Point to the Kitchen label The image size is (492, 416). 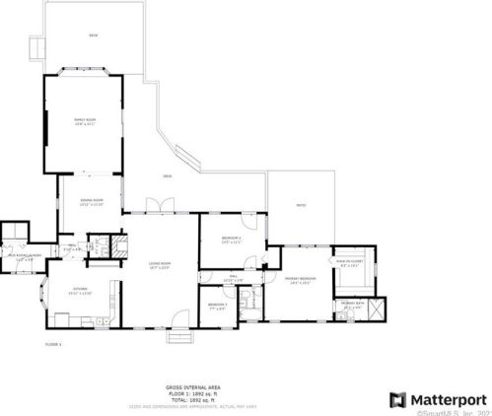click(x=78, y=291)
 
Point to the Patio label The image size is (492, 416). click(x=301, y=205)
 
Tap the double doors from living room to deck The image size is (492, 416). click(x=157, y=206)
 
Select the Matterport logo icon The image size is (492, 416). click(x=397, y=399)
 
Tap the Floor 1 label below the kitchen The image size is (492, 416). click(x=53, y=343)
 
